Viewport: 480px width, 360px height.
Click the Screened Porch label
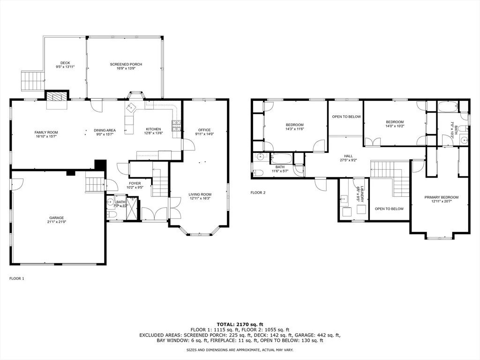click(126, 64)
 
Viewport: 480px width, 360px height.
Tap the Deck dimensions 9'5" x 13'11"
click(65, 67)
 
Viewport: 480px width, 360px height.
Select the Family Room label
click(46, 132)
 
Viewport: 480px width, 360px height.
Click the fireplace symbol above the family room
click(56, 97)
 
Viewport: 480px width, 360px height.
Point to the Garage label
click(57, 217)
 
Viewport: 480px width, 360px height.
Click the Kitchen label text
click(153, 129)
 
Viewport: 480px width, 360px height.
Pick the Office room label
click(204, 130)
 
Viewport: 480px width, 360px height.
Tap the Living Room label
click(200, 194)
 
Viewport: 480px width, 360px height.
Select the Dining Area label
click(105, 130)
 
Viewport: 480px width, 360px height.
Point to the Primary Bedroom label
click(442, 197)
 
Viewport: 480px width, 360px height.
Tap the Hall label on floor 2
click(348, 156)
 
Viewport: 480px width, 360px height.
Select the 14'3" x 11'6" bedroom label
click(295, 124)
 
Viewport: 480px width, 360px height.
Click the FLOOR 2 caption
click(258, 193)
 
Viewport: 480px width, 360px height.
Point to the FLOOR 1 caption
click(16, 278)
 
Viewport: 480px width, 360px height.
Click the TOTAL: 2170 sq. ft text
click(240, 324)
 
